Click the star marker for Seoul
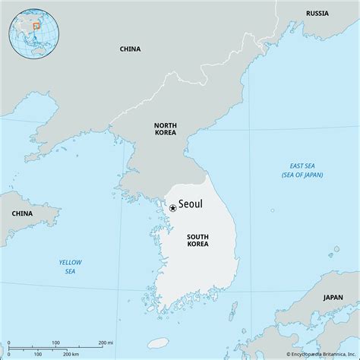pyautogui.click(x=172, y=207)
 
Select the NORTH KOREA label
pyautogui.click(x=165, y=128)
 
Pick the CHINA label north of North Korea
pyautogui.click(x=130, y=49)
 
